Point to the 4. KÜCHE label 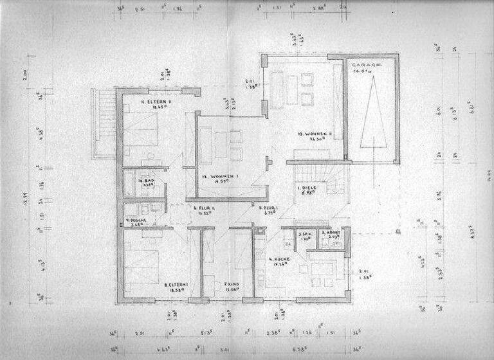pos(279,259)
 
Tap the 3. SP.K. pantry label pos(304,235)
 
